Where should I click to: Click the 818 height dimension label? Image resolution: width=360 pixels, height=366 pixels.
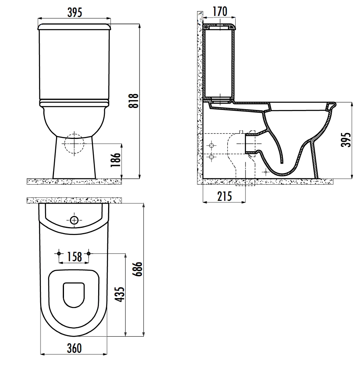[x=134, y=101]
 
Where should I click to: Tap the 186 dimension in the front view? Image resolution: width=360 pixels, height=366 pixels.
[x=116, y=160]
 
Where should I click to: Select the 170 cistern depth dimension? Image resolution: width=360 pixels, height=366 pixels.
[x=220, y=12]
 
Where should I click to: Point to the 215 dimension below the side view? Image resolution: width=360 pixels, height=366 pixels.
[x=225, y=196]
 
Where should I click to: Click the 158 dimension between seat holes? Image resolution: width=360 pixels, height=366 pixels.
[x=75, y=257]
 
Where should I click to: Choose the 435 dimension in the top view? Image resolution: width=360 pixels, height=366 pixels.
[x=120, y=295]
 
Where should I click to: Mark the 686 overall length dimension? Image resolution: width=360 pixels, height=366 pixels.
[x=137, y=269]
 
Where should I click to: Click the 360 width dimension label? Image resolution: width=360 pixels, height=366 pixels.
[x=74, y=348]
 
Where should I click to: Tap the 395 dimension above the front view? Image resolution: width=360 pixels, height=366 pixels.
[x=75, y=12]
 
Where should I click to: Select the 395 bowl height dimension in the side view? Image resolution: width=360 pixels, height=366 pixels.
[x=346, y=140]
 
